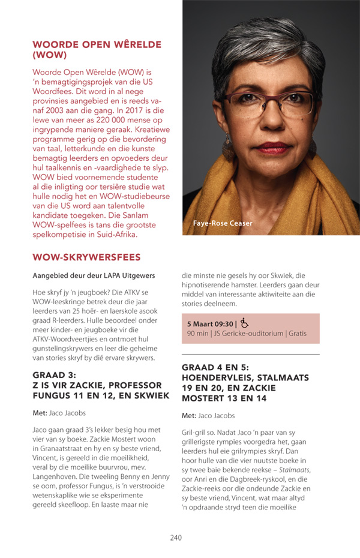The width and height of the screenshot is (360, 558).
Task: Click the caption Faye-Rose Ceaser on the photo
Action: (x=223, y=224)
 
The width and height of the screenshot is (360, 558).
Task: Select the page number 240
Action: (x=175, y=538)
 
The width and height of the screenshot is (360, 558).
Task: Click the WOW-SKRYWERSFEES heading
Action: (x=86, y=257)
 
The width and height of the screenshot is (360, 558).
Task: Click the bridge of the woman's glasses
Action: (x=269, y=96)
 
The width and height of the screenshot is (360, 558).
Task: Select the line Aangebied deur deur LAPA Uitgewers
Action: (x=94, y=275)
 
